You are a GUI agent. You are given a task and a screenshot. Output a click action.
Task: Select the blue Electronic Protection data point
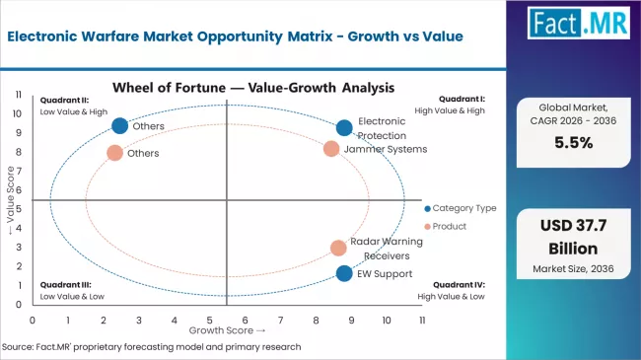coord(344,127)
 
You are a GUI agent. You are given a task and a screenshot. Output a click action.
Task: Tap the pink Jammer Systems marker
coord(331,149)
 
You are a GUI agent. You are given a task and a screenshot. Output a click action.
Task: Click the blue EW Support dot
coord(343,273)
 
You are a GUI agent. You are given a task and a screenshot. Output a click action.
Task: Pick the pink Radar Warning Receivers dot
coord(338,248)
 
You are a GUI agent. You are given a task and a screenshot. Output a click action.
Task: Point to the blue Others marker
coord(120,125)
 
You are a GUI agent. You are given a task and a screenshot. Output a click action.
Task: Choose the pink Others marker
coord(114,153)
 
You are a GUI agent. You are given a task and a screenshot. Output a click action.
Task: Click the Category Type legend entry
coord(461,208)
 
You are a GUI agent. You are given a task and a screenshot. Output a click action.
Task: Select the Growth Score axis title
coord(226,331)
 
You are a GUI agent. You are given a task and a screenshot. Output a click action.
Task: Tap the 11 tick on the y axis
coord(20,95)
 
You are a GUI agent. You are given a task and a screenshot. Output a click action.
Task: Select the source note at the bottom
coord(152,347)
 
